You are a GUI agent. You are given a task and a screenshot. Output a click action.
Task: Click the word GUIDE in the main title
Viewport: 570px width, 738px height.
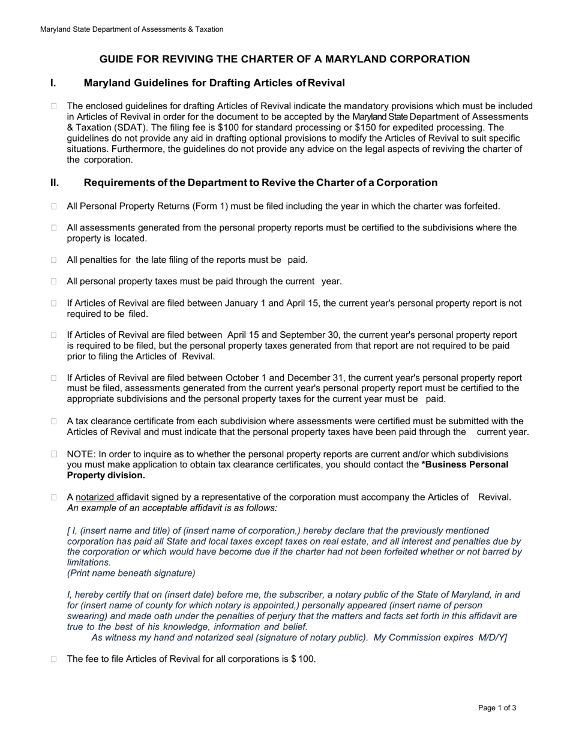(x=116, y=59)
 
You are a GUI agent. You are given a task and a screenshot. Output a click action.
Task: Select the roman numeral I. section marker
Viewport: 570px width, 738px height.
(x=53, y=83)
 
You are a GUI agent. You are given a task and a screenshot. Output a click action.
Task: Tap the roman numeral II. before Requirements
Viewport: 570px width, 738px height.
(x=55, y=183)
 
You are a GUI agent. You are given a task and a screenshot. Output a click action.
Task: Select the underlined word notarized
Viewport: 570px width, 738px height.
(x=96, y=497)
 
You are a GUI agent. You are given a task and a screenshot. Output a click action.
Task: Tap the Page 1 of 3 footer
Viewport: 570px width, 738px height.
(x=497, y=708)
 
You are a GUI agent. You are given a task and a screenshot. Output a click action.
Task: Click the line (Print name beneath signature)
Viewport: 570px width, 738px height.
(x=131, y=573)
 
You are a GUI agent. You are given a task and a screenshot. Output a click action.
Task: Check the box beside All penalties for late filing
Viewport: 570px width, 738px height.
(x=54, y=260)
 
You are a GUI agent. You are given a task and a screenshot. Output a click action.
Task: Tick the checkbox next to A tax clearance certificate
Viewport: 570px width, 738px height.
(x=54, y=422)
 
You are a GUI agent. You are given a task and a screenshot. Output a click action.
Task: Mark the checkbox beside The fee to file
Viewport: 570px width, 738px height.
(x=54, y=659)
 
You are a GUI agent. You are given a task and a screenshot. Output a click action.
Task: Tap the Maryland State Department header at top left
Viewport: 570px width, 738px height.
(x=131, y=29)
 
